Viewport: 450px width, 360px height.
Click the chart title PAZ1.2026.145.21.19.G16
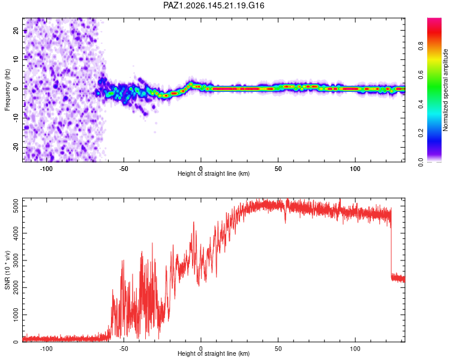pos(214,5)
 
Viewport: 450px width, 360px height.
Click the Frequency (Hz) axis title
pos(7,90)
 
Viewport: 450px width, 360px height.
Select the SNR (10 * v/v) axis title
pos(7,270)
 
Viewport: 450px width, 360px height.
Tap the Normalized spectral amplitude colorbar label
pos(445,90)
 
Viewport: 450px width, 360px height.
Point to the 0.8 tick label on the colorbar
pos(421,46)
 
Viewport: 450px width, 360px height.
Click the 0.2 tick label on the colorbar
pos(421,133)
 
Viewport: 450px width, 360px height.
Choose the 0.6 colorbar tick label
pos(421,75)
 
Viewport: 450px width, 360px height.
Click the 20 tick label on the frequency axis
pos(16,30)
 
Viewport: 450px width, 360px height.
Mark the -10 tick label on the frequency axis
pos(16,118)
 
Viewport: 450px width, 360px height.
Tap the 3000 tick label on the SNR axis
pos(16,260)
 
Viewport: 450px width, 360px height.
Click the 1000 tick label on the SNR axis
pos(16,314)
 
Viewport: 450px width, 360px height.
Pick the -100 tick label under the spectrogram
pos(46,169)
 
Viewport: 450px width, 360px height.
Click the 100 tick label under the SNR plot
pos(355,349)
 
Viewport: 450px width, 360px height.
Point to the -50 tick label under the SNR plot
pos(124,349)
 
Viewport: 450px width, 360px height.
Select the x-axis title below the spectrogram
pos(214,173)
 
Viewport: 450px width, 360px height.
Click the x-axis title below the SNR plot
pos(214,353)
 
